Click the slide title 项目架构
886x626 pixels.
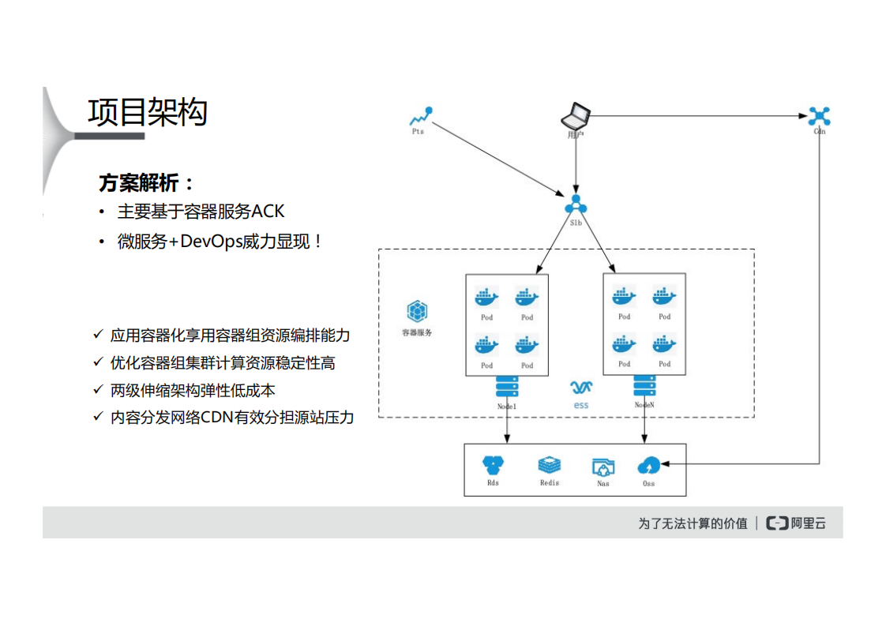(148, 113)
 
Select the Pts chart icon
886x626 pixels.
(419, 117)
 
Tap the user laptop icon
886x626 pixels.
(576, 116)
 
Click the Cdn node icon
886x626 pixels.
(819, 117)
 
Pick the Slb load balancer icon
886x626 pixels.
(576, 204)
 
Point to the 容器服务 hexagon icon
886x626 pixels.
(416, 311)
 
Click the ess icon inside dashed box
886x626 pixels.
(581, 388)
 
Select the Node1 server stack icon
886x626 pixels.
(507, 387)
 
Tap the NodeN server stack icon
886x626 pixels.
(644, 387)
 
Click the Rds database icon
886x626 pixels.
(494, 466)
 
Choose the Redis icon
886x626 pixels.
(549, 466)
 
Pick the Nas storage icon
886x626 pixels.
(603, 467)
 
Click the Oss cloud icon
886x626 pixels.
(649, 466)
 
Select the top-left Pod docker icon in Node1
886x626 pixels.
(486, 298)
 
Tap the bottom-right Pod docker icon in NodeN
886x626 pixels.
(664, 345)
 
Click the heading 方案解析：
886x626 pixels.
(147, 183)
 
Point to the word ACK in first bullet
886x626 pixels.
(268, 212)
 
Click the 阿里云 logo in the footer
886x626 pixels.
(797, 523)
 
